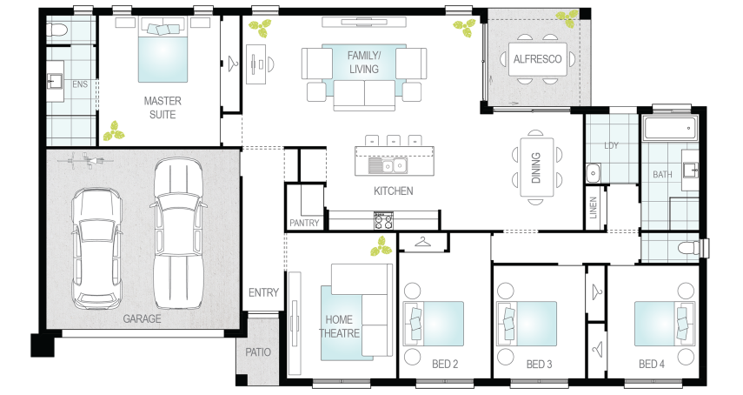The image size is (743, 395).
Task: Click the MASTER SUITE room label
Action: [x=163, y=108]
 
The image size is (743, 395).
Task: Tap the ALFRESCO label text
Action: [x=537, y=59]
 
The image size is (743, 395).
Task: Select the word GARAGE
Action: [x=142, y=318]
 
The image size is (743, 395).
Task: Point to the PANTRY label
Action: [x=304, y=223]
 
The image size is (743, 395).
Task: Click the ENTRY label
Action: [x=263, y=292]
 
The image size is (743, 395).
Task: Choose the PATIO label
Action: [x=258, y=352]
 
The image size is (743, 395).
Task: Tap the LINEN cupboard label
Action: [x=594, y=208]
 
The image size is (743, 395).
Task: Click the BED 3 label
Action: [x=540, y=365]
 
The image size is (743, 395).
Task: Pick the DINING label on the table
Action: [x=536, y=168]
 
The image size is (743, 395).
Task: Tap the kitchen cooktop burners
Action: [x=383, y=220]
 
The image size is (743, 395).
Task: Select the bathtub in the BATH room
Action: [x=670, y=128]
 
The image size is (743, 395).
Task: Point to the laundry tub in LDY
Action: [x=594, y=173]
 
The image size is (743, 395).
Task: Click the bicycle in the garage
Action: [x=85, y=160]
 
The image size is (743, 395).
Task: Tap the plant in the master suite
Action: [x=114, y=131]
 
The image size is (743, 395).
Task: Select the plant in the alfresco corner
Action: [x=567, y=16]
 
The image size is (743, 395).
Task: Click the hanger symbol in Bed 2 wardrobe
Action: [x=423, y=243]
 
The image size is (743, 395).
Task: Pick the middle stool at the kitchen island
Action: [x=394, y=140]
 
